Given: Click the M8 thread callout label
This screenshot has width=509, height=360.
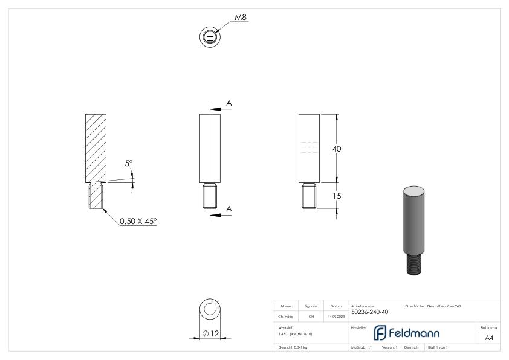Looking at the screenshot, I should (241, 17).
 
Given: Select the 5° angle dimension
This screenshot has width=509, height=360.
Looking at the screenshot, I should (129, 163).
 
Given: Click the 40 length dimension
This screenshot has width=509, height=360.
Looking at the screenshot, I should (338, 149).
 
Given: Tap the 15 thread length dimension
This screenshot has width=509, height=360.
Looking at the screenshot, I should (338, 194).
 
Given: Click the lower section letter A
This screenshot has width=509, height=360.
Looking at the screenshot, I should (229, 208).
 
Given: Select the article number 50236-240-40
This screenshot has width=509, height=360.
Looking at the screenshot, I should (370, 312).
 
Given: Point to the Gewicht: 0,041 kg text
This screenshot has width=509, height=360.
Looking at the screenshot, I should (293, 348).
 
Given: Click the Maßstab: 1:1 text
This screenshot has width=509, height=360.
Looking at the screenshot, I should (361, 348).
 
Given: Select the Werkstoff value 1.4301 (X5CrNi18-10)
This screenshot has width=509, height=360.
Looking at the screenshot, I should (296, 333).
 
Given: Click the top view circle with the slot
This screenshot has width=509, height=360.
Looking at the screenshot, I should (210, 37).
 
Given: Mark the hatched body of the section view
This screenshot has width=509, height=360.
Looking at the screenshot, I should (96, 148).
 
